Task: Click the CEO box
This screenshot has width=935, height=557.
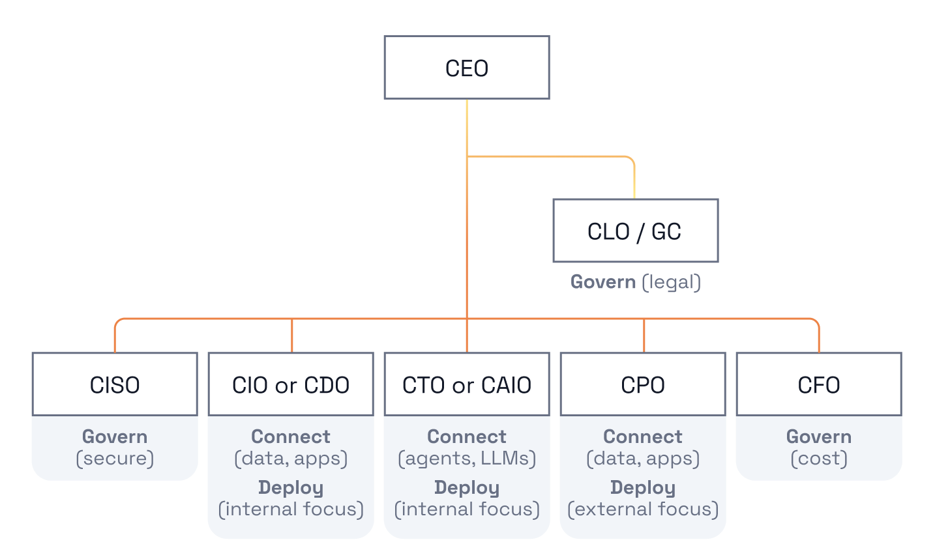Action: pos(467,68)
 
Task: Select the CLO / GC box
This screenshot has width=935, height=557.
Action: pos(636,231)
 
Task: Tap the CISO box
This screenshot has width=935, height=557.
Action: pos(115,384)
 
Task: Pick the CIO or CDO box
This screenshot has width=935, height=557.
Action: pos(291,384)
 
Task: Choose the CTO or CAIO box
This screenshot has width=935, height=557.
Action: pos(467,384)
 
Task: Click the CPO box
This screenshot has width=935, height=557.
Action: pos(643,384)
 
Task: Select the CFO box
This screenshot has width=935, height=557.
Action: pos(819,384)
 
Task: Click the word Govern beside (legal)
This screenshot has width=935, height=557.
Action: pos(603,282)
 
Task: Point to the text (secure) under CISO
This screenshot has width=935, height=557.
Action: pos(115,458)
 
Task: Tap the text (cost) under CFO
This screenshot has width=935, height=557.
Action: pos(819,458)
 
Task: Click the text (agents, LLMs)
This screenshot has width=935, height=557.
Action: pos(467,458)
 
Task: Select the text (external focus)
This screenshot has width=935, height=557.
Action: pos(643,509)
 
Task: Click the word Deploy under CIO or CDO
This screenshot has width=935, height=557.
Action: pos(291,488)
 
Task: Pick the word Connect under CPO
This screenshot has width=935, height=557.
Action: pos(643,436)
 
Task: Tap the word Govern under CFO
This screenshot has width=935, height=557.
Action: pos(819,436)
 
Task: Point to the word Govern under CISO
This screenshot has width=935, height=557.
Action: pos(115,436)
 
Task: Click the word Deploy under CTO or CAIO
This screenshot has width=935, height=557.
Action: pos(467,488)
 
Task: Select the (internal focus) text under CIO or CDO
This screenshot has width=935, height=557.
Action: pos(291,509)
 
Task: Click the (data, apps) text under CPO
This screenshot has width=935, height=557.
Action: pos(643,458)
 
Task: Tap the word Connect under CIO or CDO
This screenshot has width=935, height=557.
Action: pos(291,436)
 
